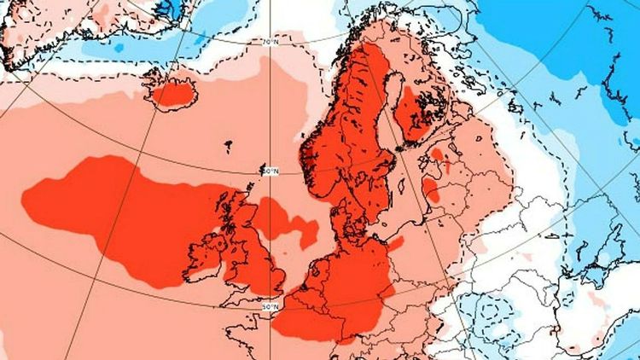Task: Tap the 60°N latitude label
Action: point(270,171)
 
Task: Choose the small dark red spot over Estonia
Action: point(438,154)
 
